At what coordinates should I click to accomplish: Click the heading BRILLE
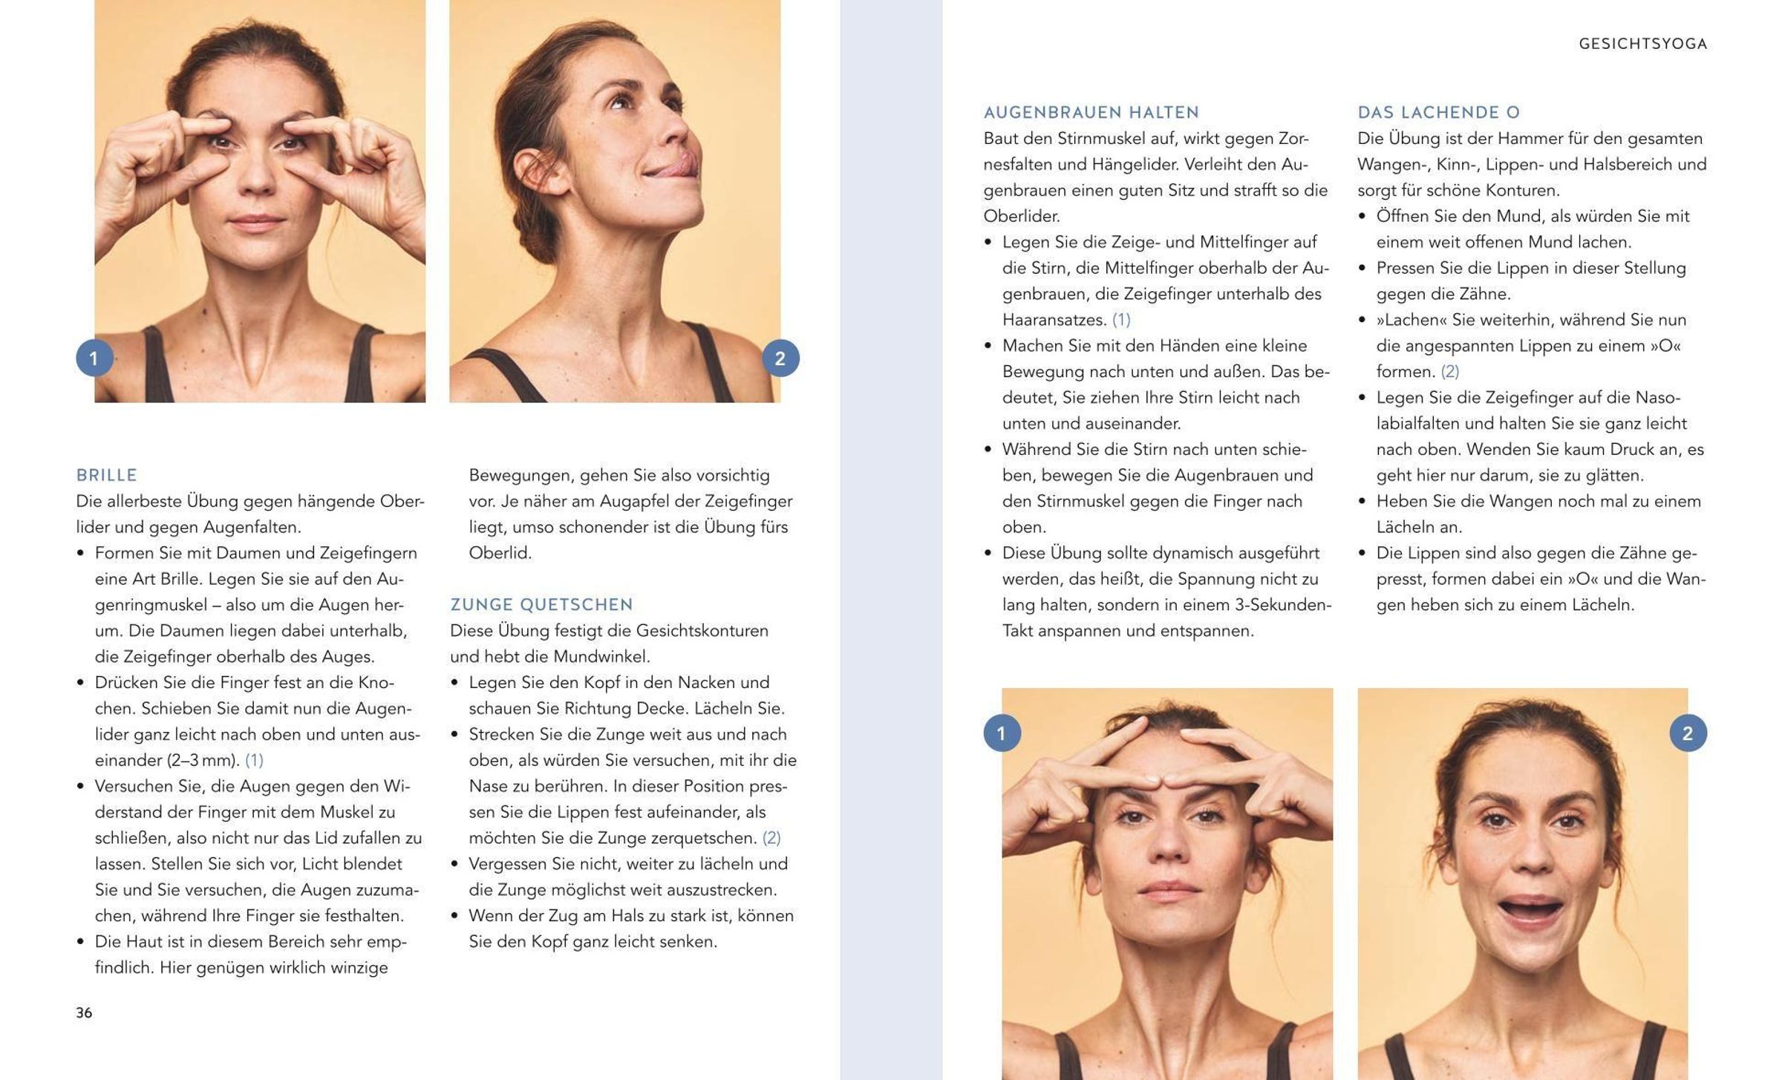107,475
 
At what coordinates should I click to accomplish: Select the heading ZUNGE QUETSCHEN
541,605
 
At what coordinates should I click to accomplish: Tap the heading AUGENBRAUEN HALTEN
1091,113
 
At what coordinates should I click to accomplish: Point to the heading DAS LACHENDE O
1438,113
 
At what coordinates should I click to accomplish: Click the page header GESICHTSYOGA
1642,44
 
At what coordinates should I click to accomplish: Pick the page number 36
84,1012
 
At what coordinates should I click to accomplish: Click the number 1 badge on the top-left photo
94,359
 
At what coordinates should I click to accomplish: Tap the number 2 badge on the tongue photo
780,359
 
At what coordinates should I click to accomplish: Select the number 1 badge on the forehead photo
1002,733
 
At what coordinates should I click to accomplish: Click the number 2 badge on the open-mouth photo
1688,733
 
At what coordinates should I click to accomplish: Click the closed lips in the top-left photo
256,220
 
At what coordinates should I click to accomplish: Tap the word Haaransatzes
1054,320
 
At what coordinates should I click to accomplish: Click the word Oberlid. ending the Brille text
500,553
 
